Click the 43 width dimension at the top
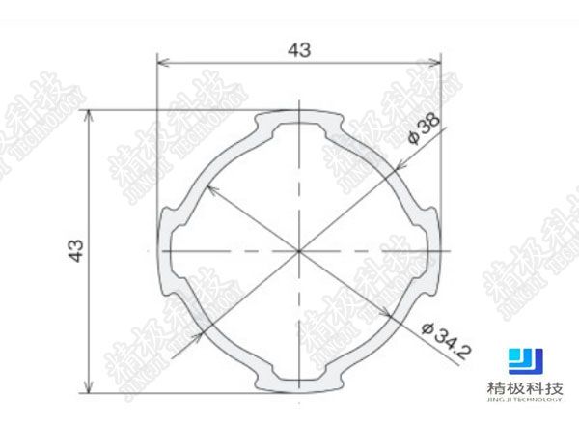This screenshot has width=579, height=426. click(299, 50)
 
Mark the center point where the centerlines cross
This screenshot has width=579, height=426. click(299, 251)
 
